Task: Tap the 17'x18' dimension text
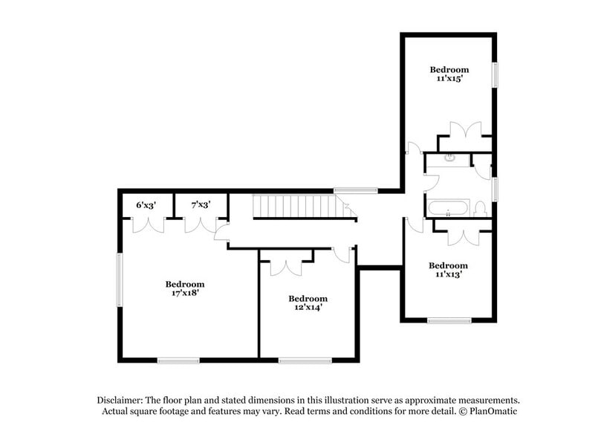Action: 185,293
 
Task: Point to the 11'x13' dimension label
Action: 448,274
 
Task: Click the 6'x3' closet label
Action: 146,204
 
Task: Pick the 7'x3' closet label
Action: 201,204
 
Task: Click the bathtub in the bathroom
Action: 448,207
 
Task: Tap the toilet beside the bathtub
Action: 481,208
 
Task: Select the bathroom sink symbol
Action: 449,158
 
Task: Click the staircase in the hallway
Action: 301,207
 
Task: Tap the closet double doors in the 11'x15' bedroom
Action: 466,131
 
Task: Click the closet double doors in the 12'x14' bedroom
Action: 286,266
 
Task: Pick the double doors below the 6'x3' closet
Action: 148,224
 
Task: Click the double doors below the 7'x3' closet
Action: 201,224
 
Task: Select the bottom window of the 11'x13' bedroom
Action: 449,320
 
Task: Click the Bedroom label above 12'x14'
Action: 308,298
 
